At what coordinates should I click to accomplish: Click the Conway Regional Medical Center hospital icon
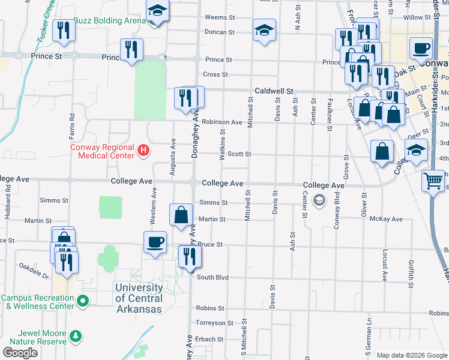(143, 151)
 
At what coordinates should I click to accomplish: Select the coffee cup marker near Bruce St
(155, 242)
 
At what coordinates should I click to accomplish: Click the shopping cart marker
(432, 181)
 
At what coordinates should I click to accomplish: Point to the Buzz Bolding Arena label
(110, 20)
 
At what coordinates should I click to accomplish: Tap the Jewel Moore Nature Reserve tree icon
(76, 334)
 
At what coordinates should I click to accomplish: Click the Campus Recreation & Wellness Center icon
(84, 300)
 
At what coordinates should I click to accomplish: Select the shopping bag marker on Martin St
(181, 215)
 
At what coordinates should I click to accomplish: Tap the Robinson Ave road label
(221, 122)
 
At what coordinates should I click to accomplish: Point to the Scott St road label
(239, 154)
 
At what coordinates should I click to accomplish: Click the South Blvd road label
(213, 277)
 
